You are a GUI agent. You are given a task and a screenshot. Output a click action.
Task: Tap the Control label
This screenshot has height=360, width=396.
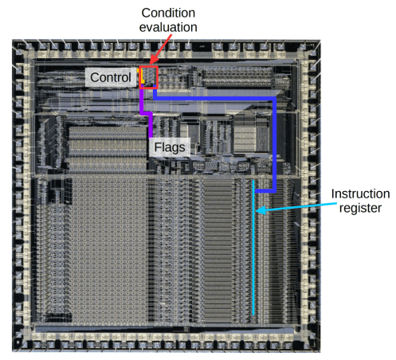point(111,77)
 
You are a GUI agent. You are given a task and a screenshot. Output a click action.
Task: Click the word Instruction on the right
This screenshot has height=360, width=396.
point(361,194)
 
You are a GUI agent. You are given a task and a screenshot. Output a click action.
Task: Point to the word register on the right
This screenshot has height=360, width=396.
point(361,208)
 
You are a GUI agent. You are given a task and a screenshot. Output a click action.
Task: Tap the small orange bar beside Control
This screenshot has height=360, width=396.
point(140,76)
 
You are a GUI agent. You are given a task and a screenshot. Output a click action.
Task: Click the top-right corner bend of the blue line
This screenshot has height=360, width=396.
point(275,98)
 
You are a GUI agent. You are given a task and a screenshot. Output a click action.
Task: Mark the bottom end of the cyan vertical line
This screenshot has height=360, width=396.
point(254,314)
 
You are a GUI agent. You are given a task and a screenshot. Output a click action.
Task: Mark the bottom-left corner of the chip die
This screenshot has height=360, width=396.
point(13,350)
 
